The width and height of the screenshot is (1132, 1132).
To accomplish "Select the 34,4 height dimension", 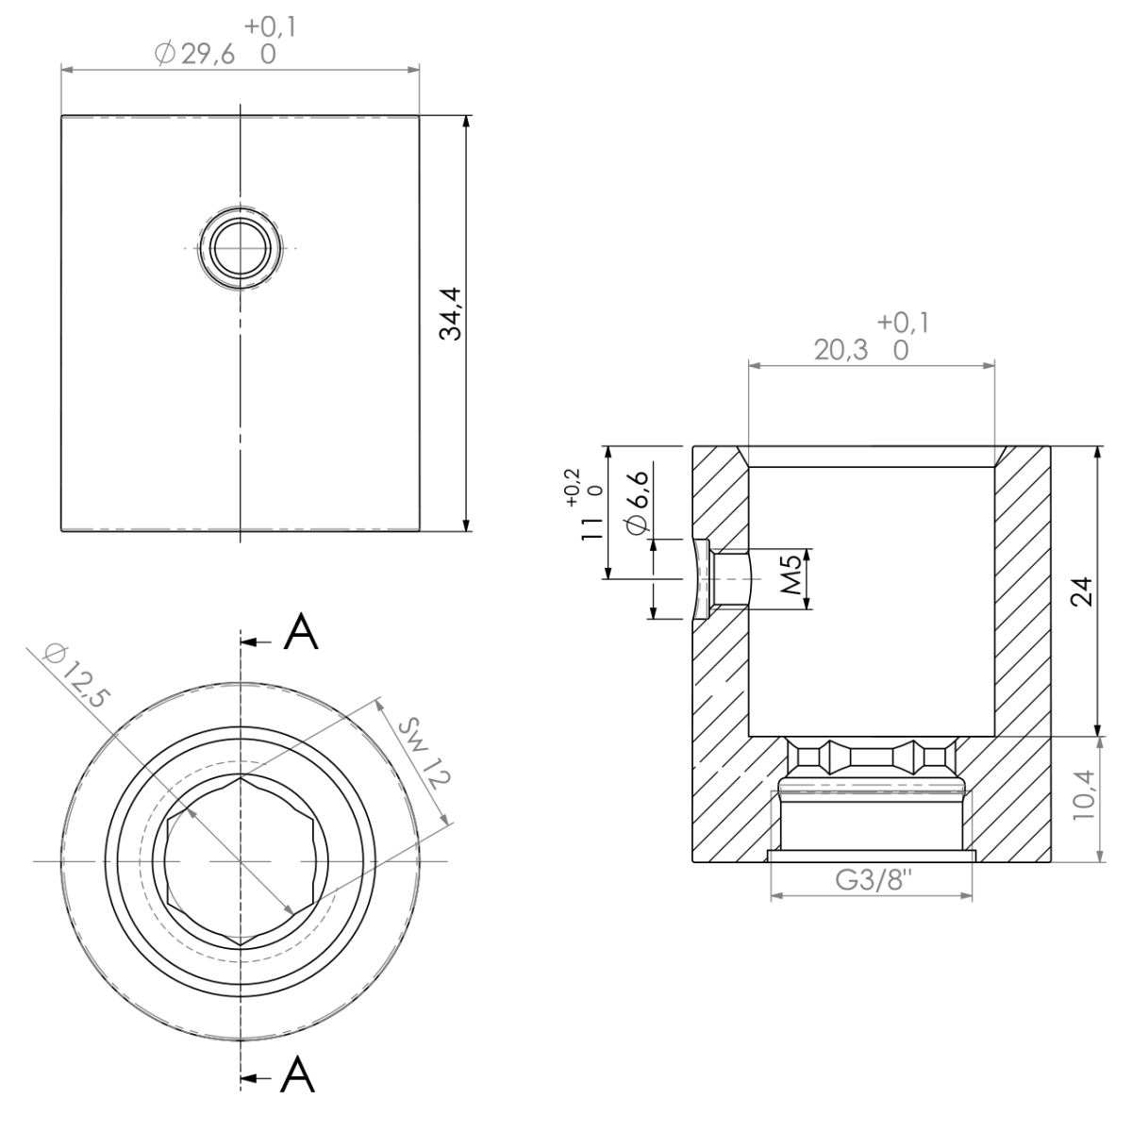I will [x=452, y=316].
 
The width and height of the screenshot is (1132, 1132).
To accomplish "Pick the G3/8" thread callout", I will [x=871, y=881].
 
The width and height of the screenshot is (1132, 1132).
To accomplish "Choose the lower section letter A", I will [x=299, y=1074].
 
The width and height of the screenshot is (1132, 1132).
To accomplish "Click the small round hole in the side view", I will [x=241, y=248].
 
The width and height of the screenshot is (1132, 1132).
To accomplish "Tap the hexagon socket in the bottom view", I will [x=241, y=861].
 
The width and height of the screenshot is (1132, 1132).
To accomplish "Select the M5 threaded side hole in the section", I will [x=731, y=579].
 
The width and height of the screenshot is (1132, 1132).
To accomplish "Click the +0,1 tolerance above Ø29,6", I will [x=270, y=26].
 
